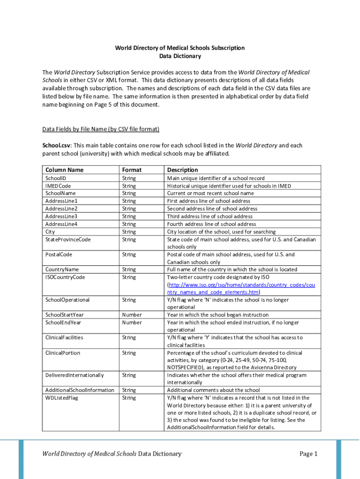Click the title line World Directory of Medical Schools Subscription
[x=180, y=48]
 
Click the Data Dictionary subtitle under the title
[x=180, y=56]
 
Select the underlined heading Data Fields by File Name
[x=101, y=129]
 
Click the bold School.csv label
[x=58, y=145]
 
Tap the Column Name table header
[x=65, y=170]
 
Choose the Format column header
[x=131, y=170]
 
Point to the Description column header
[x=182, y=170]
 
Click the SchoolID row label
[x=56, y=178]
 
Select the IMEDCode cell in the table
[x=58, y=186]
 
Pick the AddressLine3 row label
[x=61, y=216]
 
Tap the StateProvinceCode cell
[x=68, y=239]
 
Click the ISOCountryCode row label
[x=65, y=277]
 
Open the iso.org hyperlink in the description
[x=241, y=284]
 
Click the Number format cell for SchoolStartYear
[x=132, y=315]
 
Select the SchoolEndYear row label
[x=63, y=322]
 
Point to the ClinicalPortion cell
[x=63, y=353]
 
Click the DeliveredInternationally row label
[x=74, y=375]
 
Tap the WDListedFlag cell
[x=61, y=398]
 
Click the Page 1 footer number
[x=309, y=454]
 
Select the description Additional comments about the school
[x=213, y=390]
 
